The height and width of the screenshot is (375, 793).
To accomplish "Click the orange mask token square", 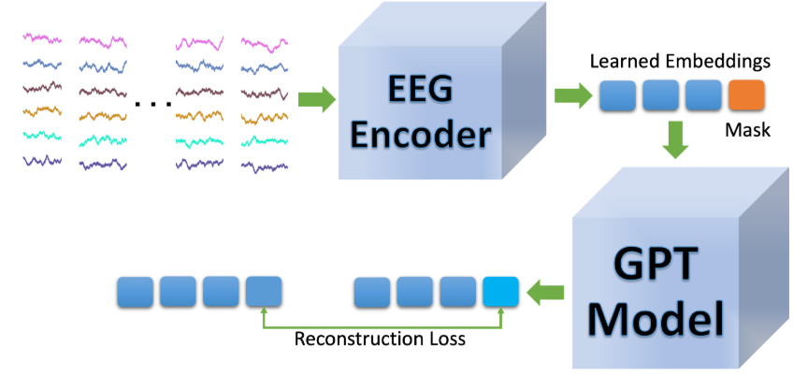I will click(x=746, y=96).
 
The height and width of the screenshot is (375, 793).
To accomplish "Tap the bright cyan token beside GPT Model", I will click(x=500, y=293).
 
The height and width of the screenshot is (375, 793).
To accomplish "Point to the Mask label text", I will click(x=747, y=130).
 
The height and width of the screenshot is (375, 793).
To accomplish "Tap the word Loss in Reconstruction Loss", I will click(x=445, y=339).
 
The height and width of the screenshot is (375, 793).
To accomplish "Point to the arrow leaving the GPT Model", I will click(x=541, y=293).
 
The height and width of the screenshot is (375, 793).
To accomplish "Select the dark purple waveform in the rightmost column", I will click(x=264, y=164).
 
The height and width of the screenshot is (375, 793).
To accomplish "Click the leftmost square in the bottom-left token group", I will click(x=134, y=293).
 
